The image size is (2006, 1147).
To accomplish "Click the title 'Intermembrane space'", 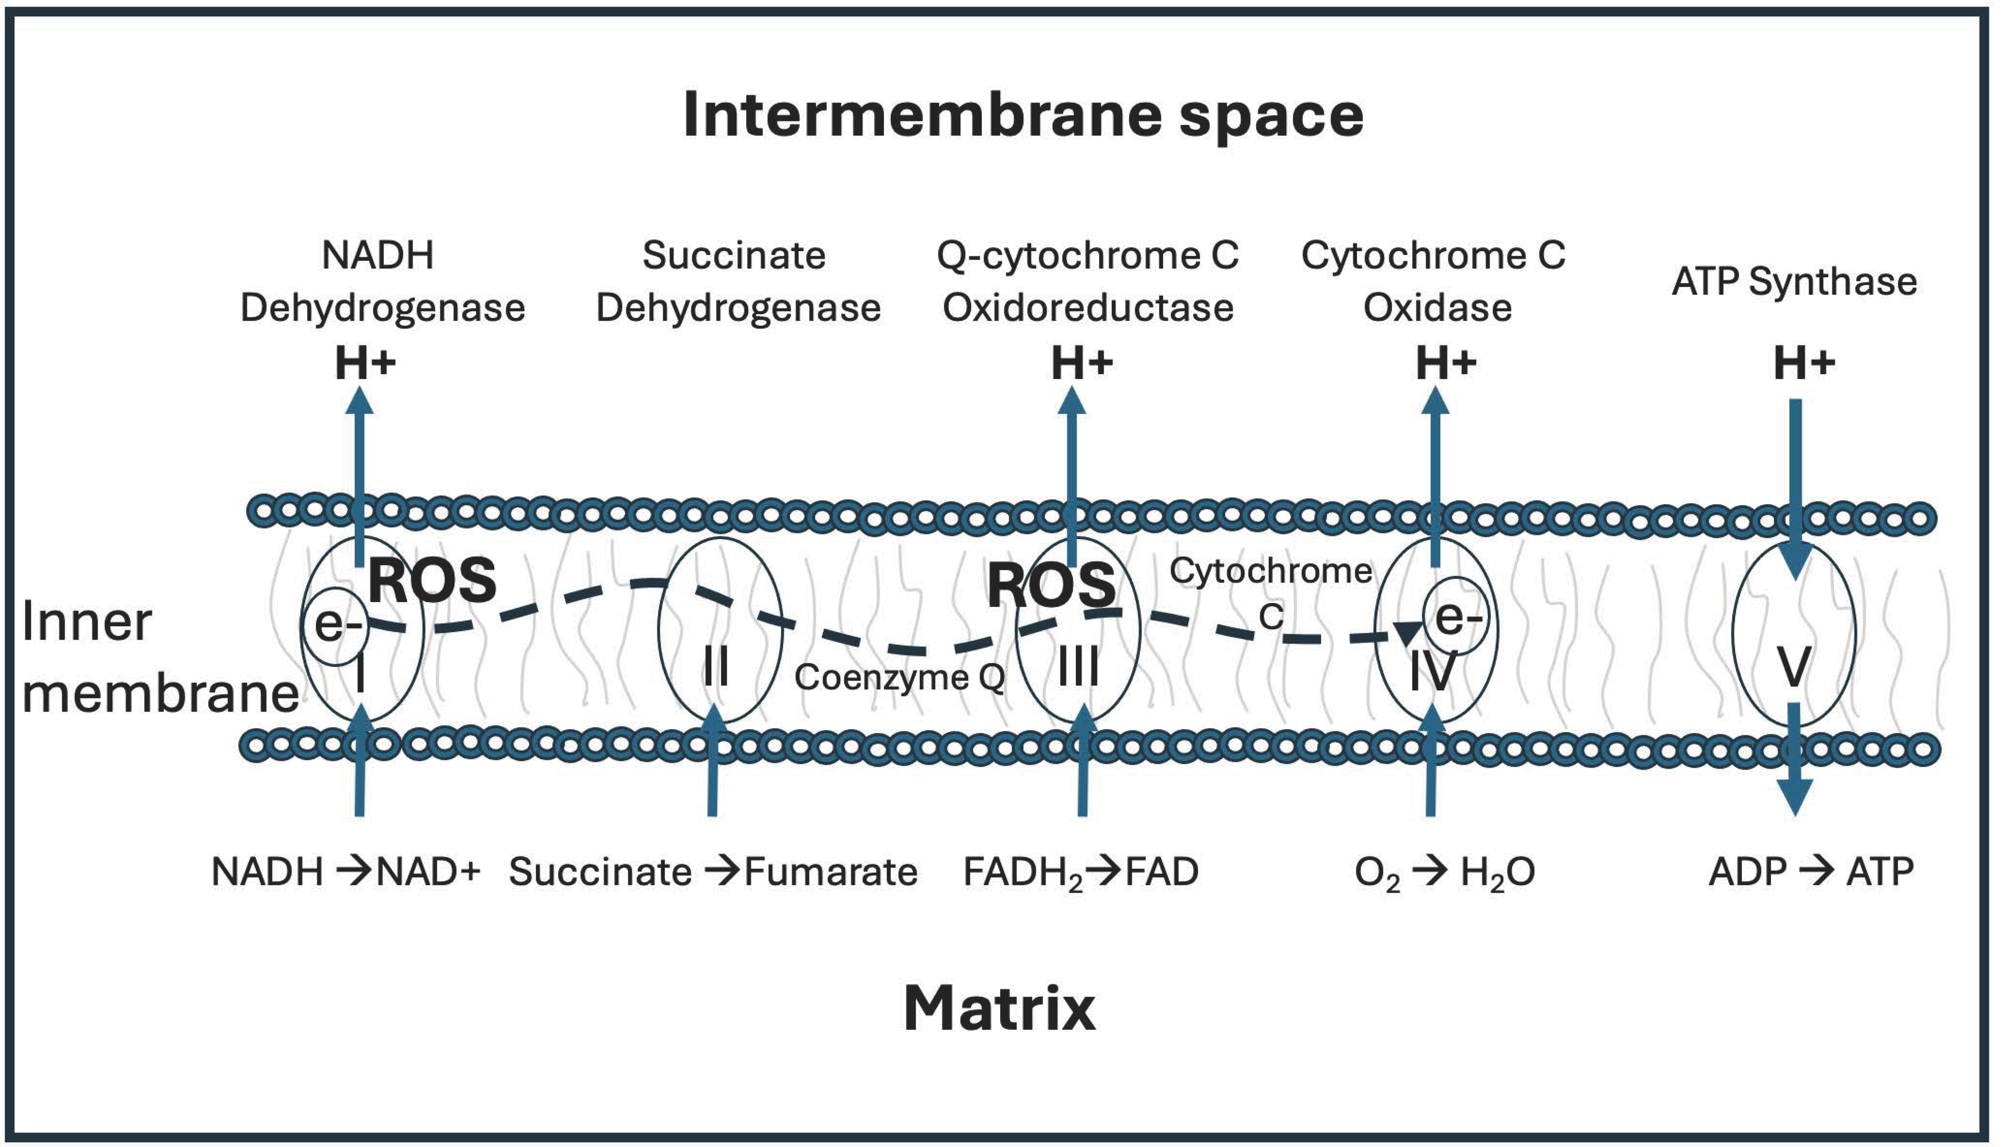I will click(1023, 116).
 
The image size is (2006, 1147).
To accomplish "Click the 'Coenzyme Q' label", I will click(899, 677).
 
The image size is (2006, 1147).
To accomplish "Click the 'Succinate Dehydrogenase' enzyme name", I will click(737, 281).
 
